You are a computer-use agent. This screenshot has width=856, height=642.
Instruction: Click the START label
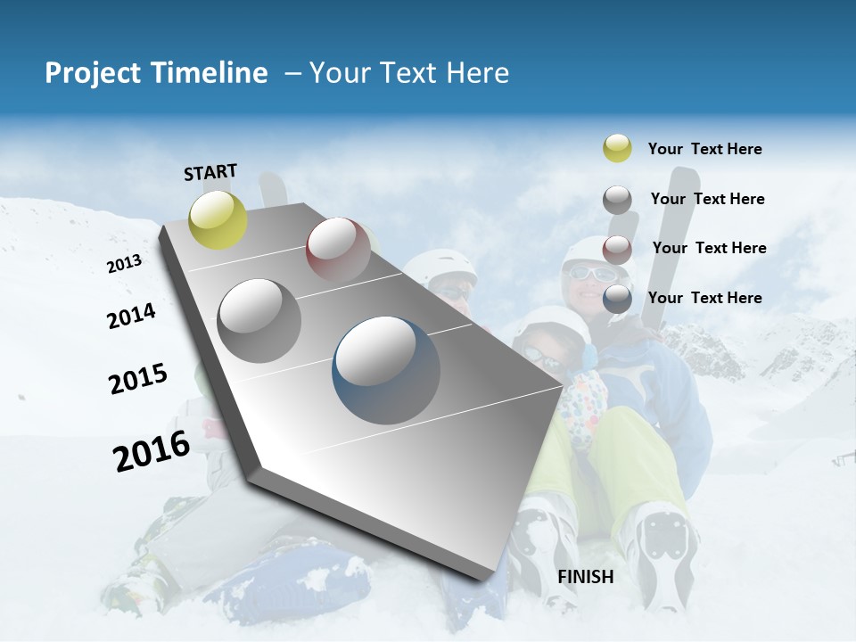[210, 172]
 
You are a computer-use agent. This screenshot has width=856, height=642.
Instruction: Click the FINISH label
[586, 577]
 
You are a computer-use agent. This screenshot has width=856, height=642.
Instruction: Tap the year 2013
[124, 264]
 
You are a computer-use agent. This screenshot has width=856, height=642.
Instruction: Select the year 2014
[131, 316]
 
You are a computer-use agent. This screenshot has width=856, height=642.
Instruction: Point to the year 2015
[138, 379]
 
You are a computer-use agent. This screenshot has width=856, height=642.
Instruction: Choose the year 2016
[152, 451]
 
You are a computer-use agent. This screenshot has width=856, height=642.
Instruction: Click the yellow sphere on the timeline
[218, 219]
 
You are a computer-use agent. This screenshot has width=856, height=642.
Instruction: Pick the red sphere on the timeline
[338, 251]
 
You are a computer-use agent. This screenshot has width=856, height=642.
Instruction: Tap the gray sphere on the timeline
[259, 320]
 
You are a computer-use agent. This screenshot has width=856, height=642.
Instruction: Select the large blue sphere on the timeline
[386, 370]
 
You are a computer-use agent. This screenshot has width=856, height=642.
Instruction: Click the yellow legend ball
[617, 148]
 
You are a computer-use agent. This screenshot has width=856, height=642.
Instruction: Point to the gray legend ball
[617, 200]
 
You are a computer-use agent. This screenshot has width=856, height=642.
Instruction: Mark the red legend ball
[617, 249]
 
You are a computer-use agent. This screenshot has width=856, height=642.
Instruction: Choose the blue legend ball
[617, 299]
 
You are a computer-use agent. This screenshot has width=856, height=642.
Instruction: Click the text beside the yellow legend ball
[704, 149]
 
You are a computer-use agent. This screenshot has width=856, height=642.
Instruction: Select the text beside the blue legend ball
[704, 298]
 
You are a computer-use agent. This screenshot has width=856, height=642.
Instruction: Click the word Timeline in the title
[211, 73]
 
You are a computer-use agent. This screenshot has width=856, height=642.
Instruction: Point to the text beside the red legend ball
[709, 248]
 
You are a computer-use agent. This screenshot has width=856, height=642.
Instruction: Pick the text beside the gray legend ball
[707, 199]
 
